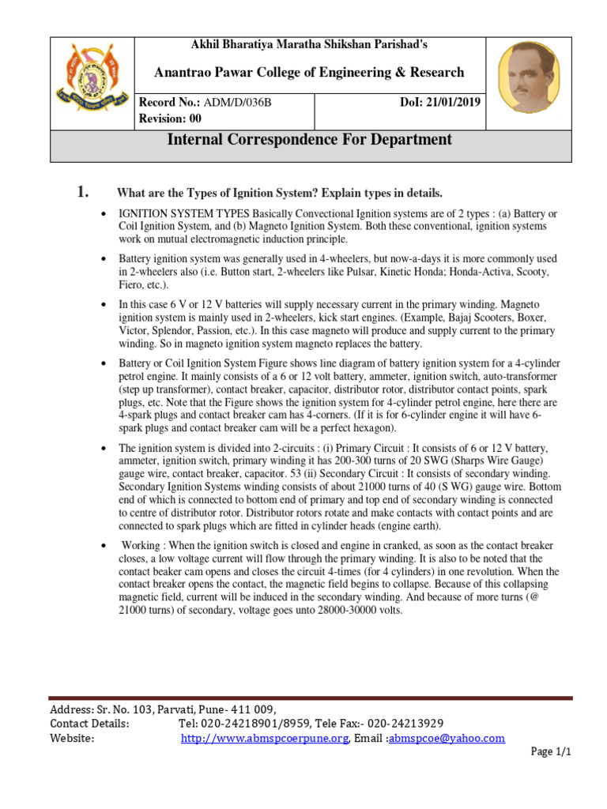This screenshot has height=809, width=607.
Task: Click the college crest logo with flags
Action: (x=92, y=83)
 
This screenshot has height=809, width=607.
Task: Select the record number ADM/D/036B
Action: (x=237, y=102)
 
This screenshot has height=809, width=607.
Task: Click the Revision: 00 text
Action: (x=170, y=119)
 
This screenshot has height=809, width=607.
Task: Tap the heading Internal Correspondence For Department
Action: (x=310, y=140)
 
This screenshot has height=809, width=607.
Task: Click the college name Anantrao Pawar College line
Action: (x=309, y=73)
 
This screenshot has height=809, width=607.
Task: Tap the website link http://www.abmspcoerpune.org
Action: (x=265, y=738)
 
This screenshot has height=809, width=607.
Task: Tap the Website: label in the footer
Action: (x=73, y=738)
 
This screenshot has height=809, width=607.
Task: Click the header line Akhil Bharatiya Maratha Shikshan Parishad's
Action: (x=309, y=45)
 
